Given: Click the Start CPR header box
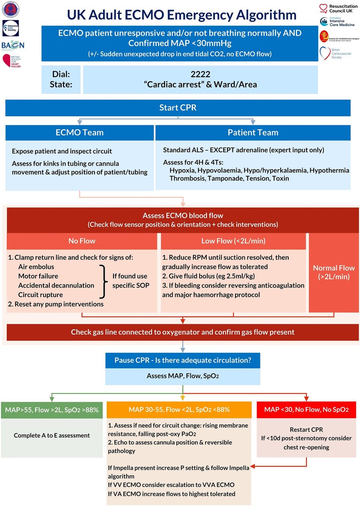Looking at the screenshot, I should [178, 108].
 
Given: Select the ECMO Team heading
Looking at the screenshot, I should [79, 132].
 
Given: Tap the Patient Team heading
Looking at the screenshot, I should [253, 132].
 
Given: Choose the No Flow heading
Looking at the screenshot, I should [82, 241].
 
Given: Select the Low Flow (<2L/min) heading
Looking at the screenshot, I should [233, 241].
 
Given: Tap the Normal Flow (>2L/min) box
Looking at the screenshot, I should [334, 272].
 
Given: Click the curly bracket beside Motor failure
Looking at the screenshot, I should [102, 281].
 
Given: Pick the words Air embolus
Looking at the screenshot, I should [36, 266].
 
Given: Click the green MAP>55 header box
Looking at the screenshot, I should [52, 409].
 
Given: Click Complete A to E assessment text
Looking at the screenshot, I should [52, 435].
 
